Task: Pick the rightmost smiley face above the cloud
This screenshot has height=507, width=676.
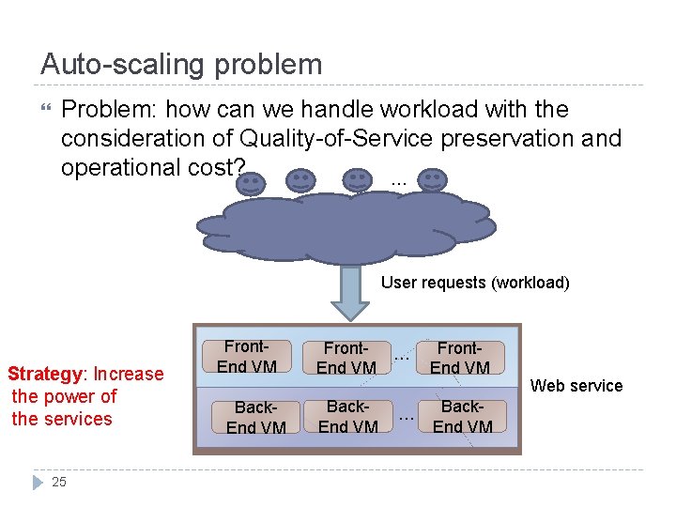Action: [x=431, y=181]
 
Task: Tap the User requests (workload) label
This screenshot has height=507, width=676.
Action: [x=475, y=283]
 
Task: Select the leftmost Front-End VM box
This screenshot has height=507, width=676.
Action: [x=247, y=357]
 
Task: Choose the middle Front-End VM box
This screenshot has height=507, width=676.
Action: [x=346, y=358]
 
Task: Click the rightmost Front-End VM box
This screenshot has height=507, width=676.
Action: [x=460, y=358]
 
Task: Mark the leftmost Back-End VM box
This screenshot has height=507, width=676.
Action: [x=255, y=417]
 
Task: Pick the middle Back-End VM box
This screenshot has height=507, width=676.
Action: [x=347, y=416]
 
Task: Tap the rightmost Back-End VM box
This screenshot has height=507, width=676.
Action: [x=463, y=417]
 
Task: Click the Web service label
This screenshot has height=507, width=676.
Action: [x=576, y=386]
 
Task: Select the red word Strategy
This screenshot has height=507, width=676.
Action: [x=46, y=375]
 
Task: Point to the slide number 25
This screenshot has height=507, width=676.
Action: [x=59, y=482]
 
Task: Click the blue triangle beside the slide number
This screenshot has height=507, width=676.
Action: [x=38, y=482]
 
